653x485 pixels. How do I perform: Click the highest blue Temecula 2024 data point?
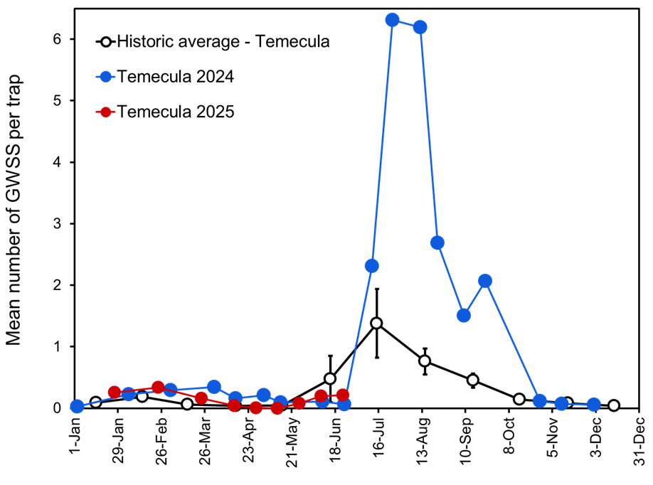pyautogui.click(x=392, y=20)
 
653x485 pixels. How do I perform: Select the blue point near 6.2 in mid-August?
pyautogui.click(x=420, y=27)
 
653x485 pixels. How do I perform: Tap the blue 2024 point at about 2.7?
pyautogui.click(x=437, y=242)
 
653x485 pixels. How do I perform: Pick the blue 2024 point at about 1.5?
pyautogui.click(x=464, y=315)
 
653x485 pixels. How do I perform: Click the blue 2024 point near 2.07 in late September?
pyautogui.click(x=485, y=281)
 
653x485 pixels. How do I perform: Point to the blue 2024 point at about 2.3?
pyautogui.click(x=371, y=266)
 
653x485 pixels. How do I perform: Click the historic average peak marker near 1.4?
pyautogui.click(x=376, y=323)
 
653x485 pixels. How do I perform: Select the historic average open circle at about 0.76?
pyautogui.click(x=425, y=361)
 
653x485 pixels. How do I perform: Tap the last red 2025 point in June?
pyautogui.click(x=343, y=395)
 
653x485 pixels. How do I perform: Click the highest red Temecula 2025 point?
pyautogui.click(x=158, y=388)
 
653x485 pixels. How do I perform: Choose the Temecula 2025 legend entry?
pyautogui.click(x=175, y=112)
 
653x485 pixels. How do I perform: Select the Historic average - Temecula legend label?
pyautogui.click(x=223, y=41)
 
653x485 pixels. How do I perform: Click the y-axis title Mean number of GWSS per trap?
pyautogui.click(x=15, y=210)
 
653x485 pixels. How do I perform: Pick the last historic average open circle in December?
pyautogui.click(x=613, y=405)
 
